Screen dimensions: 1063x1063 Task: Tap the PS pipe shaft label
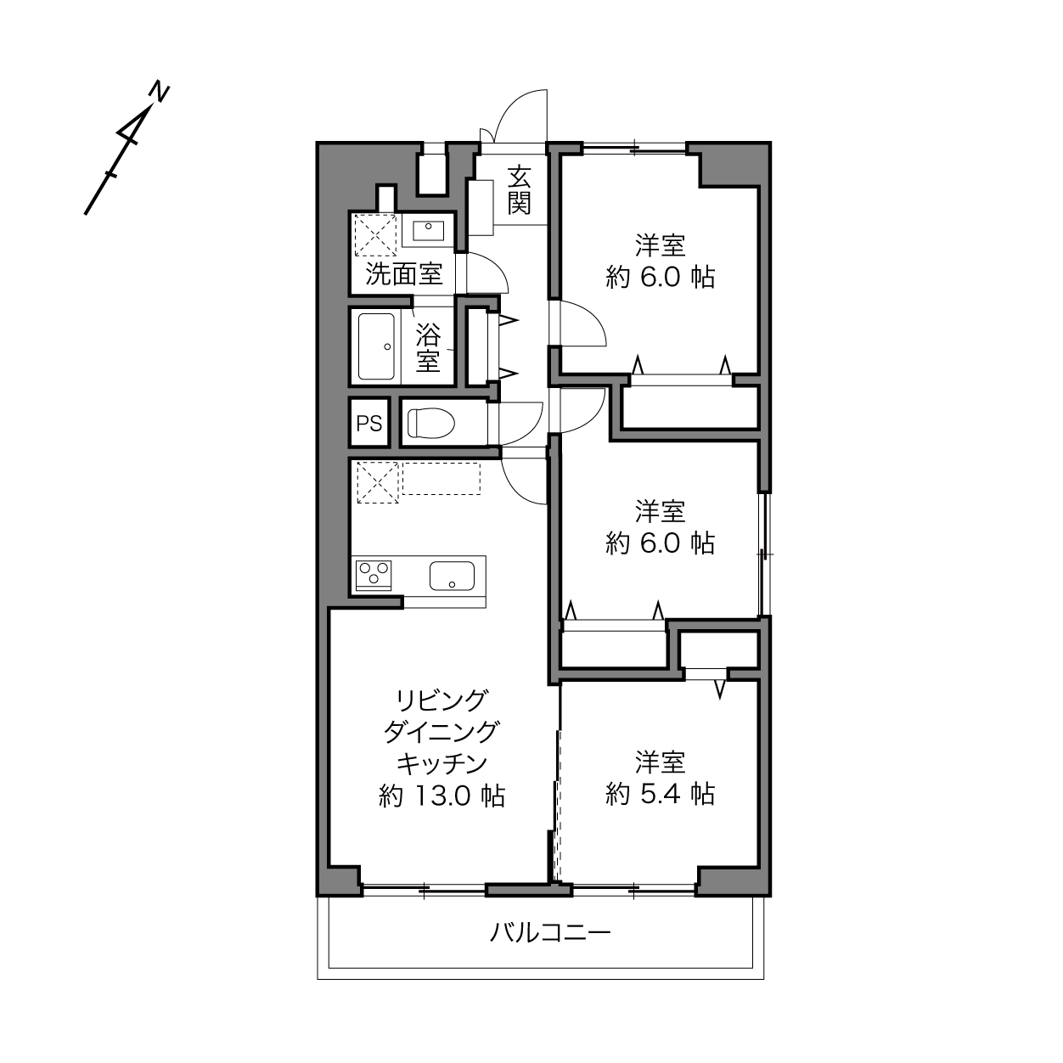369,423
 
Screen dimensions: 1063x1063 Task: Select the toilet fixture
431,423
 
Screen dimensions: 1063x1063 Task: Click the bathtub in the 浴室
377,346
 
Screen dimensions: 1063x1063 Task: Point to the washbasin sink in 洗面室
428,231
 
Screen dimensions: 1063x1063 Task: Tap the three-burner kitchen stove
374,576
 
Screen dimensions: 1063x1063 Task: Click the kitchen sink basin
452,576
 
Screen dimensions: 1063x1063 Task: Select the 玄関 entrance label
519,190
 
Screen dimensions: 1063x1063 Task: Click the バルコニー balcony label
550,933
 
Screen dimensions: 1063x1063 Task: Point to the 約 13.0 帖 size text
442,796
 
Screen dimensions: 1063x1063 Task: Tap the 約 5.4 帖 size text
660,795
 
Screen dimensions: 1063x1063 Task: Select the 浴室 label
428,347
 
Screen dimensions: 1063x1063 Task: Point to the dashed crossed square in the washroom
375,235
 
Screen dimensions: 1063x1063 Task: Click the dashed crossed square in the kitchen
378,483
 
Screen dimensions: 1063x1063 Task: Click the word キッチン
442,764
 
